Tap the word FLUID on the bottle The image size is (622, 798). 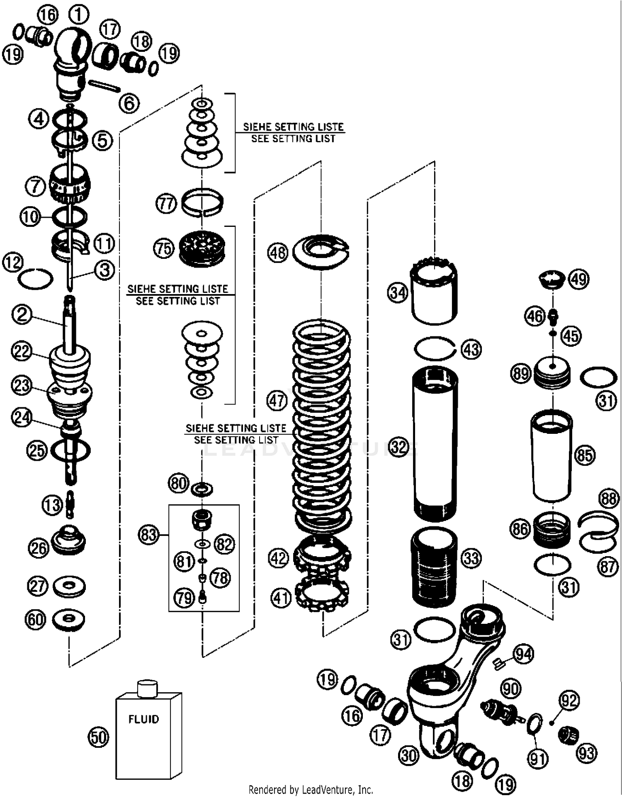tap(143, 719)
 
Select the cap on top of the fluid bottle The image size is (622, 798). tap(147, 688)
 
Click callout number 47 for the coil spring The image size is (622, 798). tap(277, 401)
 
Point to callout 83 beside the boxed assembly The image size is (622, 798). tap(148, 535)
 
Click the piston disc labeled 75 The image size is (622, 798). tap(202, 248)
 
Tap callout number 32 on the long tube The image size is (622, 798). tap(399, 447)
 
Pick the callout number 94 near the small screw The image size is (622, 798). tap(523, 654)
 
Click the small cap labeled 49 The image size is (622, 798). tap(552, 279)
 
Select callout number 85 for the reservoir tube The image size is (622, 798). tap(585, 455)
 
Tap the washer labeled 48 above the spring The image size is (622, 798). tap(321, 251)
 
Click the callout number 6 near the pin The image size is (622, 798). tap(129, 103)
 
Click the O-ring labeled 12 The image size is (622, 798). tap(36, 279)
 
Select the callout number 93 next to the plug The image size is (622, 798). tap(586, 753)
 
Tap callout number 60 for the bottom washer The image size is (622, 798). tap(35, 620)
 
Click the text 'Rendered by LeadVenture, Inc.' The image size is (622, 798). tap(311, 789)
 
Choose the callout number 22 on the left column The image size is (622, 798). tap(22, 351)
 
